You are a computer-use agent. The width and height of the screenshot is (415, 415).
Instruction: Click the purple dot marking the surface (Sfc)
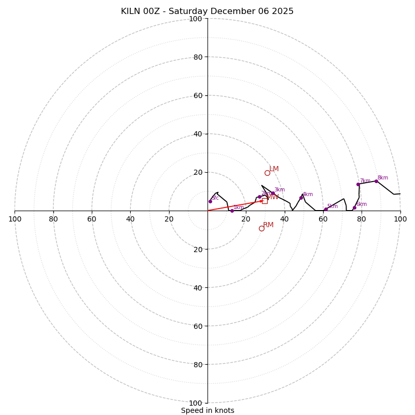pyautogui.click(x=210, y=201)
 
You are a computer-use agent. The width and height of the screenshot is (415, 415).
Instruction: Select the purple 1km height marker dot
pyautogui.click(x=232, y=211)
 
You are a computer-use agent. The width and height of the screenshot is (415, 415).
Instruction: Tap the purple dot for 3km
pyautogui.click(x=273, y=193)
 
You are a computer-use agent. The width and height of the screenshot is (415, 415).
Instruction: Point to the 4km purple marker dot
pyautogui.click(x=301, y=198)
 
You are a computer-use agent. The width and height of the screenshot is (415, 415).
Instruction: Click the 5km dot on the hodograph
pyautogui.click(x=326, y=210)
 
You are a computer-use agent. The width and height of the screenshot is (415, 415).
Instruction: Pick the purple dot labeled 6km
pyautogui.click(x=354, y=208)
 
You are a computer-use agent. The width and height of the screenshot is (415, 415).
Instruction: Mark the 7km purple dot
pyautogui.click(x=358, y=184)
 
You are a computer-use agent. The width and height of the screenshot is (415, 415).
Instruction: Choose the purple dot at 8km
pyautogui.click(x=376, y=181)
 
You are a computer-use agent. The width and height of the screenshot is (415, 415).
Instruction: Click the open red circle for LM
pyautogui.click(x=267, y=173)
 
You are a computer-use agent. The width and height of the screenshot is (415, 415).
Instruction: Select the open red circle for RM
pyautogui.click(x=261, y=228)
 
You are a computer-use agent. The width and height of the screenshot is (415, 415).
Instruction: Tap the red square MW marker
pyautogui.click(x=265, y=201)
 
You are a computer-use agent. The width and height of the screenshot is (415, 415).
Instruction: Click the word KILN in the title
pyautogui.click(x=131, y=11)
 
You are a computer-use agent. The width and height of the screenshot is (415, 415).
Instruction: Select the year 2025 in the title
pyautogui.click(x=283, y=11)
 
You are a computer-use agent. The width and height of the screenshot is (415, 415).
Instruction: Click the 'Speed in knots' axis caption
pyautogui.click(x=208, y=410)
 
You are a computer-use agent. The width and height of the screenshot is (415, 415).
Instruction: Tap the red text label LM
pyautogui.click(x=274, y=169)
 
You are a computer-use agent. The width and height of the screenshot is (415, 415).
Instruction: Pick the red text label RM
pyautogui.click(x=268, y=225)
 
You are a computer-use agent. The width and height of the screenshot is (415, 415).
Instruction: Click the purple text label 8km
pyautogui.click(x=383, y=178)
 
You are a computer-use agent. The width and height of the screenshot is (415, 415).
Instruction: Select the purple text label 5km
pyautogui.click(x=333, y=206)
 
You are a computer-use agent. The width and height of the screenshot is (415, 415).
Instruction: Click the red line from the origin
pyautogui.click(x=233, y=206)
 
